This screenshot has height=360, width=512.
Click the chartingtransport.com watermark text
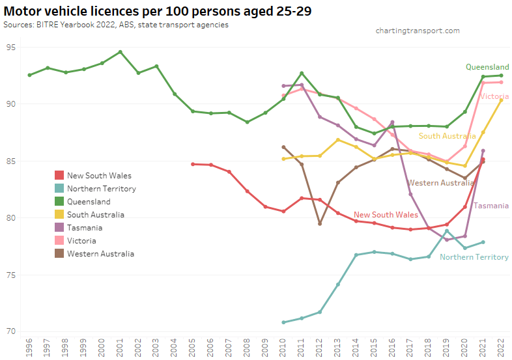[x=418, y=31]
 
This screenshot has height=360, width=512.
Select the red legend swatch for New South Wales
[x=59, y=175]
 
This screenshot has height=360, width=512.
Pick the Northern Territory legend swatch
[x=59, y=188]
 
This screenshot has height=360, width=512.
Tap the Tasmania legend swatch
[x=59, y=227]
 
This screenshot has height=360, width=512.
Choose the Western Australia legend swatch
[x=59, y=253]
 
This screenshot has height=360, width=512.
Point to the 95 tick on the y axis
[x=11, y=47]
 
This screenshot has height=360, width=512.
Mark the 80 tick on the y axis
[x=11, y=218]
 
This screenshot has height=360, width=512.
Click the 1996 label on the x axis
[x=29, y=348]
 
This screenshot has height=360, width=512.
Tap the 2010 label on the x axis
[x=283, y=348]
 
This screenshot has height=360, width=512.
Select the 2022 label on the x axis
[x=501, y=348]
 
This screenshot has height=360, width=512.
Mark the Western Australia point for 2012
[x=320, y=223]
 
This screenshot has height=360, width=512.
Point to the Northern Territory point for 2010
[x=283, y=322]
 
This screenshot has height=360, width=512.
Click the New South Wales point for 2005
[x=193, y=164]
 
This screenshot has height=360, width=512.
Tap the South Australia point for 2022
[x=501, y=100]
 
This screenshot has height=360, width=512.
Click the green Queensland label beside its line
[x=487, y=66]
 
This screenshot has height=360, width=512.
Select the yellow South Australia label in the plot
[x=447, y=136]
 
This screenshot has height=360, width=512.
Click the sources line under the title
[x=116, y=24]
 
